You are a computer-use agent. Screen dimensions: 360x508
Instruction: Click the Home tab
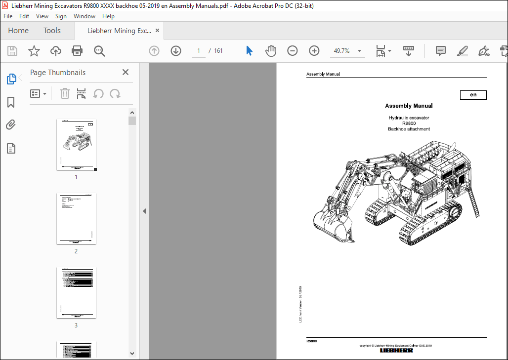(x=18, y=31)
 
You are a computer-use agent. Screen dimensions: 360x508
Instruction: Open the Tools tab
(x=52, y=31)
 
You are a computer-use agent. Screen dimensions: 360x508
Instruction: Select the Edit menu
(x=24, y=16)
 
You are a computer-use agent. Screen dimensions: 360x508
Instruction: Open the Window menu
(x=85, y=16)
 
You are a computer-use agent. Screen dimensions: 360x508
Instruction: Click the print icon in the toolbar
(x=77, y=51)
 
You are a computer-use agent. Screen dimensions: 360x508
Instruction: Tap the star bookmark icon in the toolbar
(x=34, y=51)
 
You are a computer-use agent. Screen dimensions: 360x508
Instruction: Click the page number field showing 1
(x=199, y=51)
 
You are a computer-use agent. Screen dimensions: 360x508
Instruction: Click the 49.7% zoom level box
(x=342, y=51)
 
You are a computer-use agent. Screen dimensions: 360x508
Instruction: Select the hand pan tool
(x=271, y=51)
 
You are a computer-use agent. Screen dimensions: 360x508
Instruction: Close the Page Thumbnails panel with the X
(x=126, y=73)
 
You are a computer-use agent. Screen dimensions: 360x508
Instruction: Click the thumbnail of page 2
(x=76, y=218)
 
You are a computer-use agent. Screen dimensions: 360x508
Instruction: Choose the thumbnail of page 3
(x=76, y=292)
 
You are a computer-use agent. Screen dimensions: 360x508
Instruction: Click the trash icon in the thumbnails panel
(x=65, y=93)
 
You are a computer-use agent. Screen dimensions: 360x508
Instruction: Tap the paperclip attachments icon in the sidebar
(x=11, y=125)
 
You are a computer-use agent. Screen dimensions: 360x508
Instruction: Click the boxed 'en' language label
(x=473, y=95)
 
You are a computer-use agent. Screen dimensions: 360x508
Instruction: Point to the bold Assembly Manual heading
(x=409, y=106)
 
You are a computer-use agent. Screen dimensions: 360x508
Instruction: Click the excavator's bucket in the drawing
(x=332, y=225)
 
